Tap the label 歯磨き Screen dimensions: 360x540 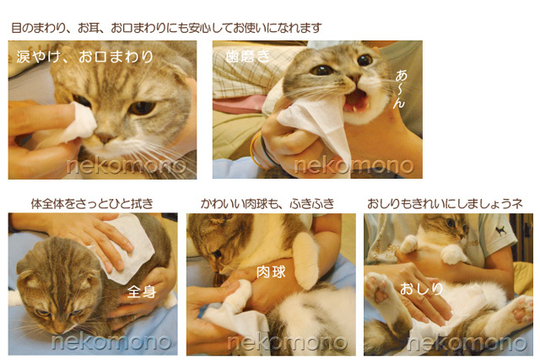coord(246,56)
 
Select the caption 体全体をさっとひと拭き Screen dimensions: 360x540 coord(92,203)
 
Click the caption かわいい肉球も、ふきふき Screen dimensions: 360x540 coord(267,203)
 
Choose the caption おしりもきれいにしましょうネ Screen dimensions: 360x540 coord(445,203)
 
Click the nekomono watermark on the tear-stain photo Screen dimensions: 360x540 coord(126,165)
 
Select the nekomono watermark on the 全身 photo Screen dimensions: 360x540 coord(111,342)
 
